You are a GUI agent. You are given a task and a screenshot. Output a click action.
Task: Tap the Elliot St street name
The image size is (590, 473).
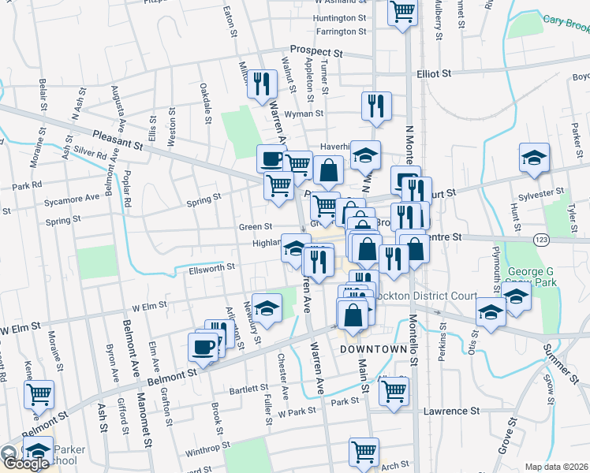point(434,73)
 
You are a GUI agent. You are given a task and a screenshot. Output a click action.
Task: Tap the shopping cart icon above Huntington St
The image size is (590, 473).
point(402,12)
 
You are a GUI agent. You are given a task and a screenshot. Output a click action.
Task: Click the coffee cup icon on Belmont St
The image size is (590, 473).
point(204,346)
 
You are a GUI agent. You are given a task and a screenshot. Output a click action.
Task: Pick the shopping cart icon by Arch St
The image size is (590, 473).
point(364,453)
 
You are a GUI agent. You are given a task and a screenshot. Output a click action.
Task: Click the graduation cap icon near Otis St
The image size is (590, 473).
point(491,313)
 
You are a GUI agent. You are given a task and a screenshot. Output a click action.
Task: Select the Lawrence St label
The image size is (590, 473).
point(452,412)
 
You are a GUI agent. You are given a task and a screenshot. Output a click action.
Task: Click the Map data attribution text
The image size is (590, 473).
point(555,467)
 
